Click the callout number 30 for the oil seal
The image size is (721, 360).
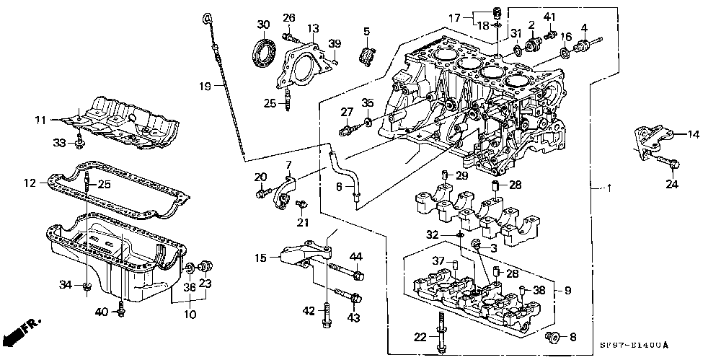pos(263,25)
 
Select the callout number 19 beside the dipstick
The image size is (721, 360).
pos(206,86)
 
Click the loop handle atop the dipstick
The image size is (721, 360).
pos(206,19)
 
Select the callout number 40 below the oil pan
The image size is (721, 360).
pos(102,312)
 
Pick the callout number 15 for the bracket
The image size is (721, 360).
pos(261,258)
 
